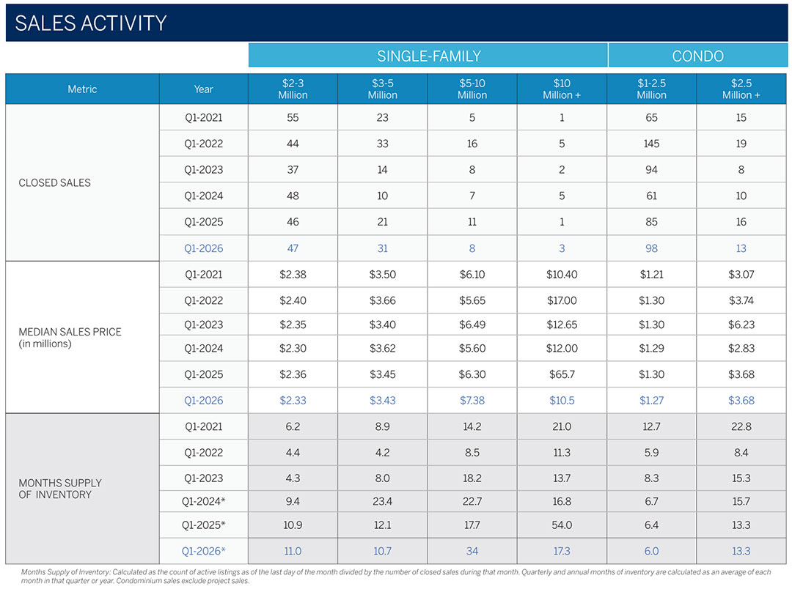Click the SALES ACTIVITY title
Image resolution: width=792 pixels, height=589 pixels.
(91, 23)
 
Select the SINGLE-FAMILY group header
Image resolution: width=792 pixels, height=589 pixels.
(428, 56)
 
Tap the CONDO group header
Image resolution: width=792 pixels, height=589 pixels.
(697, 56)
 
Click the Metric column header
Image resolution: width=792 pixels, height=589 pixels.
(82, 89)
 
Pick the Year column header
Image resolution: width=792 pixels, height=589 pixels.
(203, 89)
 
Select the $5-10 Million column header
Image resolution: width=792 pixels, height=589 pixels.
(472, 89)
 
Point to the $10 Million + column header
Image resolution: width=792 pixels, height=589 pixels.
(562, 89)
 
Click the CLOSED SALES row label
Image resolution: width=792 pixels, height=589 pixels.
(55, 182)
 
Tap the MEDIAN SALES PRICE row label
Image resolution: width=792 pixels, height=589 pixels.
(70, 337)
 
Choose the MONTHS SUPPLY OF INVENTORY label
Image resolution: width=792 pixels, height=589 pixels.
(60, 489)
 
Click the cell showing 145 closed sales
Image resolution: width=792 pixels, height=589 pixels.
(651, 144)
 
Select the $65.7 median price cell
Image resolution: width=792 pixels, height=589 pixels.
(562, 374)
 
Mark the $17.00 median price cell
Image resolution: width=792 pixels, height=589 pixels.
(562, 300)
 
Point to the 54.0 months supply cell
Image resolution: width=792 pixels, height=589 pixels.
(562, 525)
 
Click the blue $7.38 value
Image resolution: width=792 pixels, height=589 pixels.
(472, 401)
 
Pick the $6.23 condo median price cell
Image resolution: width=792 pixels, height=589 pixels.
(741, 325)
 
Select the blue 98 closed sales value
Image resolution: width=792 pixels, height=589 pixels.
(651, 248)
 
